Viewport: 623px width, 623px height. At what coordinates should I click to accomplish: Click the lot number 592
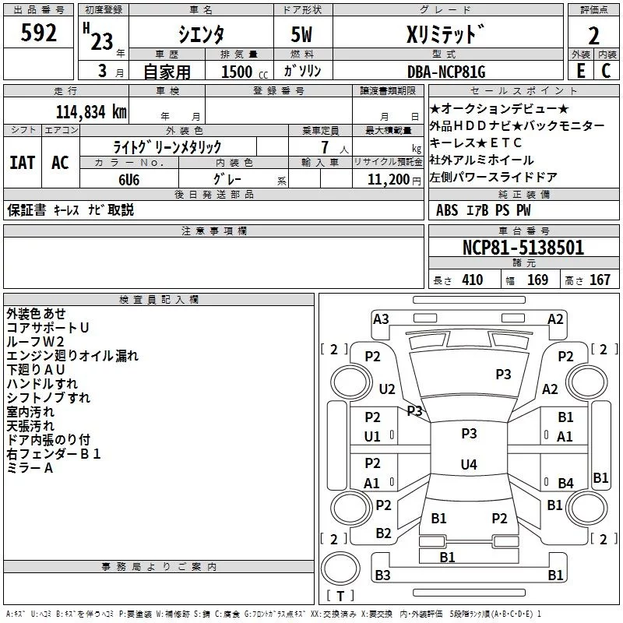[x=39, y=33]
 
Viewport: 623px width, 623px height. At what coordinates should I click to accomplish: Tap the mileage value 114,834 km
[x=90, y=112]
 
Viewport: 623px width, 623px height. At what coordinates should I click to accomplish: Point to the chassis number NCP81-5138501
[x=523, y=248]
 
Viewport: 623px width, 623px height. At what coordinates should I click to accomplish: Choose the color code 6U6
[x=129, y=178]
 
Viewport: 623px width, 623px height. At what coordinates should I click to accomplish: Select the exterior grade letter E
[x=580, y=71]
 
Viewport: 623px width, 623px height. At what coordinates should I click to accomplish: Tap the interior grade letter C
[x=606, y=71]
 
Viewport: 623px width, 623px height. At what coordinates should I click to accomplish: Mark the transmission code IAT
[x=22, y=163]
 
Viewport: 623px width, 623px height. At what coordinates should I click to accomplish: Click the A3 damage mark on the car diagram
[x=381, y=319]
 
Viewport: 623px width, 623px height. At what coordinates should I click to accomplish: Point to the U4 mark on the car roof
[x=468, y=465]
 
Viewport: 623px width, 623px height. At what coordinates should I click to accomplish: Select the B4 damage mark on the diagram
[x=565, y=484]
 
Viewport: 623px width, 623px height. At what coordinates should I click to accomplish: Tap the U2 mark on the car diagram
[x=387, y=389]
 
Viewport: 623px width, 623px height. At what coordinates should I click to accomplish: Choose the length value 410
[x=472, y=280]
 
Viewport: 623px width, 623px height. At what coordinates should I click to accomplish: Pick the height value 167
[x=600, y=280]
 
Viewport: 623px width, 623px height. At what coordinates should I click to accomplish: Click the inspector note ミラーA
[x=30, y=468]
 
